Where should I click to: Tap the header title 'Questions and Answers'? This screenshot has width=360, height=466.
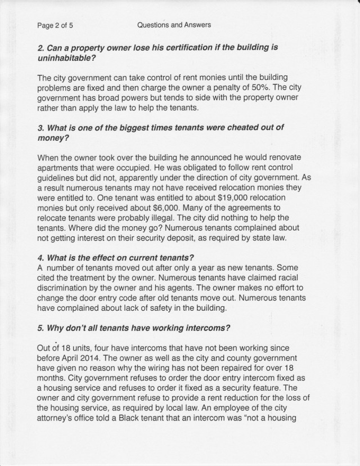pyautogui.click(x=174, y=25)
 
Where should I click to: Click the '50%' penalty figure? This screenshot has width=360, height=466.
pyautogui.click(x=274, y=87)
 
